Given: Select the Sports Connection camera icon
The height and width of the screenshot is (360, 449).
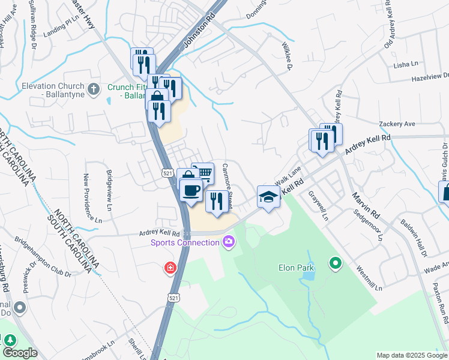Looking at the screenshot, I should pos(228,242).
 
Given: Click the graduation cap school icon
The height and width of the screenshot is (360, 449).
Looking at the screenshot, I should pos(268,196).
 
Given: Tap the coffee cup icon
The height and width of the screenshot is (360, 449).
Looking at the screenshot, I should pos(191,190).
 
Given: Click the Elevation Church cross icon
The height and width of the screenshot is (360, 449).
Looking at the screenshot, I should pos(92,90).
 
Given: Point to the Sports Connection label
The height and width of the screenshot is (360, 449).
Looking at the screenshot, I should pos(184,242).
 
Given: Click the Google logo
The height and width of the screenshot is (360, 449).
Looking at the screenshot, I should pos(20,353).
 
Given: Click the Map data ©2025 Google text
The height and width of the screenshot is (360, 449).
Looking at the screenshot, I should pos(412,355).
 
